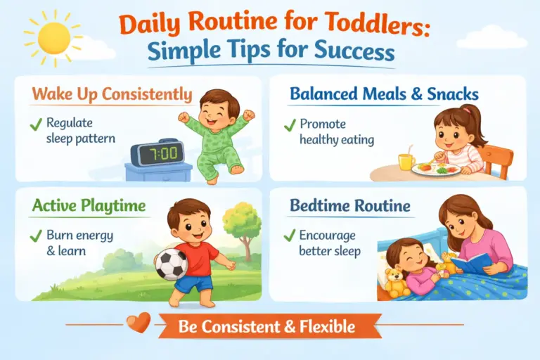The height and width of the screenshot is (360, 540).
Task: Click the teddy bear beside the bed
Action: (396, 281)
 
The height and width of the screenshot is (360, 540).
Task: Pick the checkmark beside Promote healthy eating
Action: (289, 126)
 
